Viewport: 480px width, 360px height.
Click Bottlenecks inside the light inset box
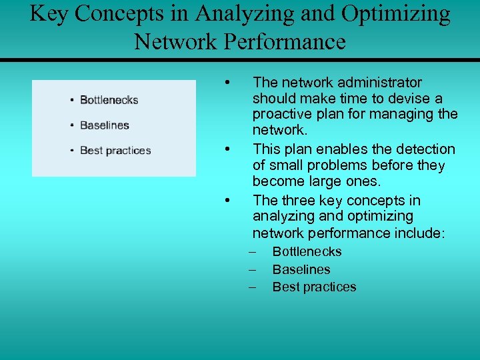[x=109, y=100]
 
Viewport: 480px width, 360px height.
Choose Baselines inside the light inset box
[x=104, y=125]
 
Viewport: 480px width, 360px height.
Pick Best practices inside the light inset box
[x=115, y=151]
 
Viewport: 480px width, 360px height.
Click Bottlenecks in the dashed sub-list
[x=307, y=252]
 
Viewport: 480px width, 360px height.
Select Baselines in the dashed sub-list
[x=301, y=269]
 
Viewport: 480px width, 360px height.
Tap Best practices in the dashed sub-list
[x=314, y=287]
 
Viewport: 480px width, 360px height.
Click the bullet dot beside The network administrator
[x=228, y=83]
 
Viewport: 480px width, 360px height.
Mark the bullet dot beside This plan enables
[x=228, y=148]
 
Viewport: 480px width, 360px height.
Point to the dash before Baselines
[x=253, y=269]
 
